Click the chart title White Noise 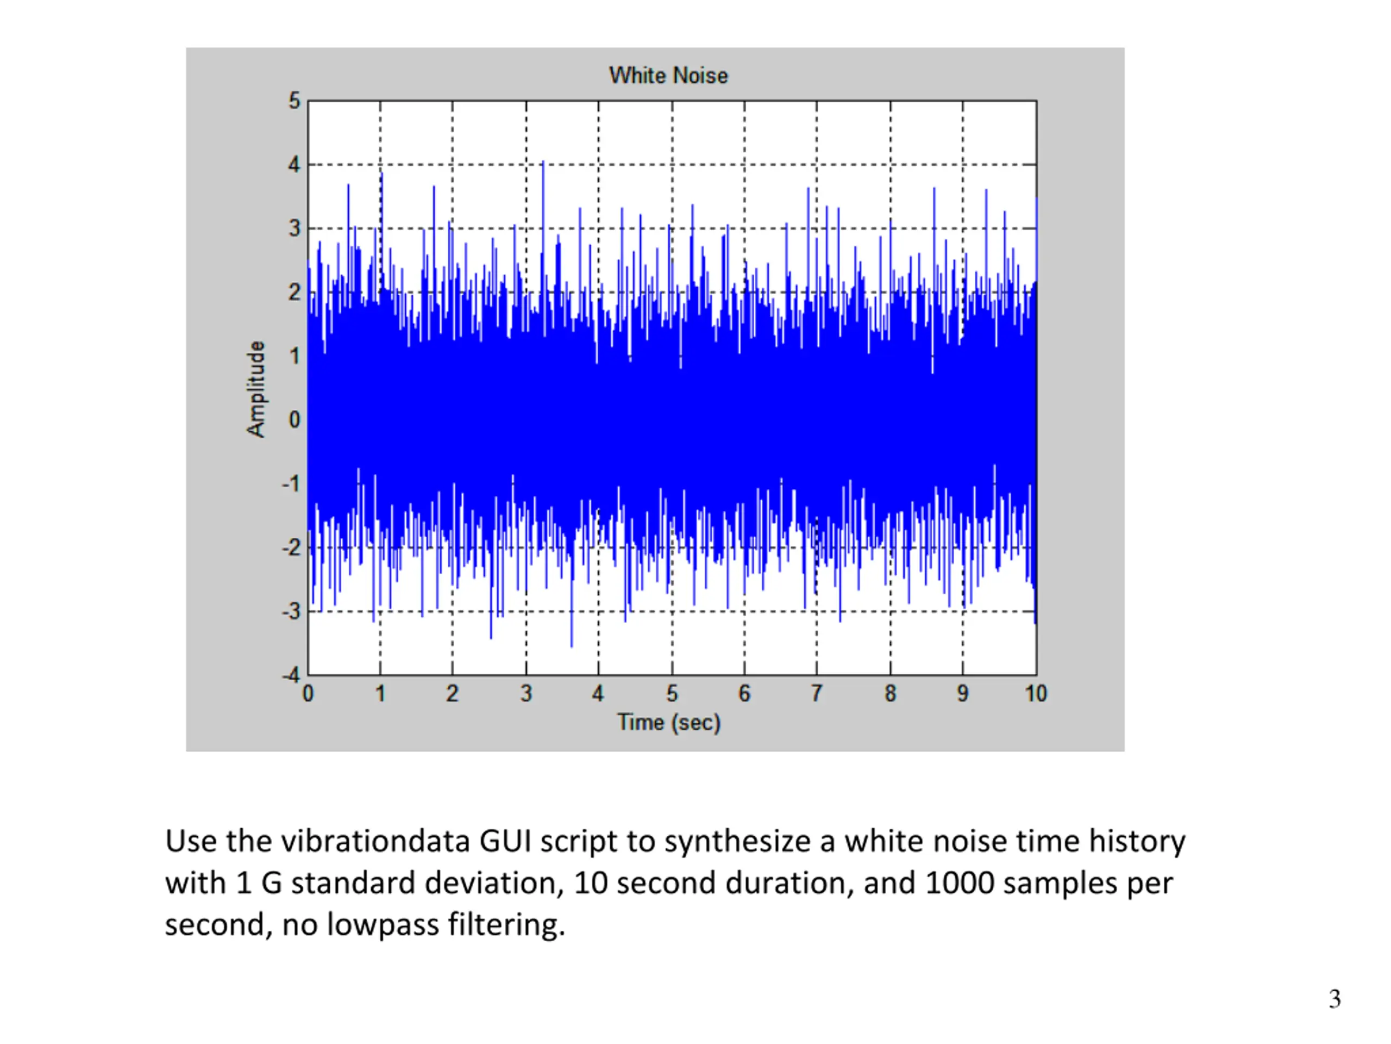point(668,76)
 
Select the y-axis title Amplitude point(256,389)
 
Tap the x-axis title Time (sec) point(668,723)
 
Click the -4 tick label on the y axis point(291,675)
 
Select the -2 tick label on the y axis point(291,548)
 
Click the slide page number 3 point(1334,999)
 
